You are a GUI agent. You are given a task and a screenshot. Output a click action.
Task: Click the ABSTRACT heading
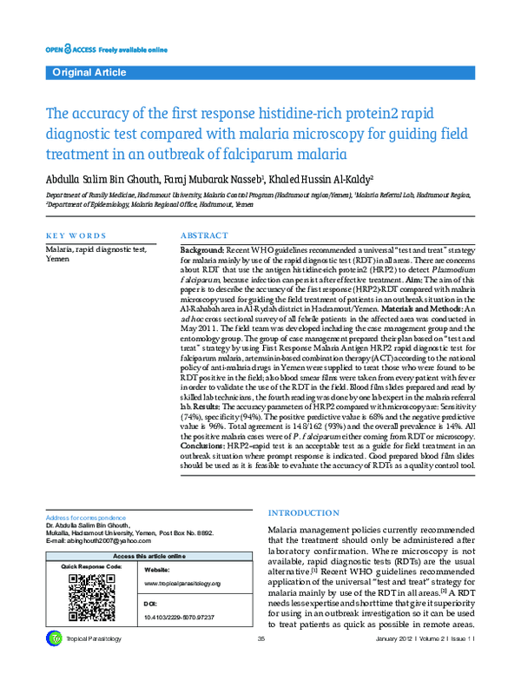(x=205, y=236)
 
